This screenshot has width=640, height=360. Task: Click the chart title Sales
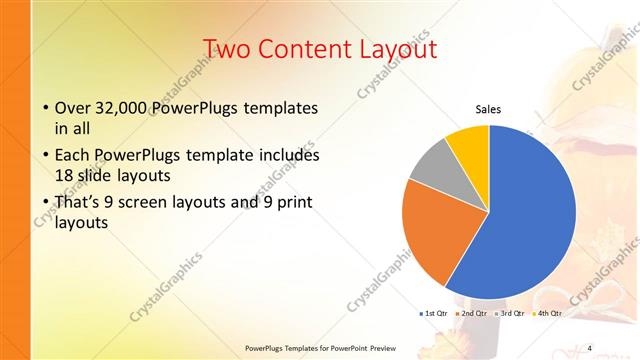click(x=488, y=110)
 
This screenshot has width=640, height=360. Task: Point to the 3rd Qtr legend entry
click(x=511, y=314)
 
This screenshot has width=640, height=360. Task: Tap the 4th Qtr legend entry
click(x=549, y=314)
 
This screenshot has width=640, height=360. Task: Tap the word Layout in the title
click(x=402, y=49)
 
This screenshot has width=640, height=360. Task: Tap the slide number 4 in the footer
click(x=589, y=348)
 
